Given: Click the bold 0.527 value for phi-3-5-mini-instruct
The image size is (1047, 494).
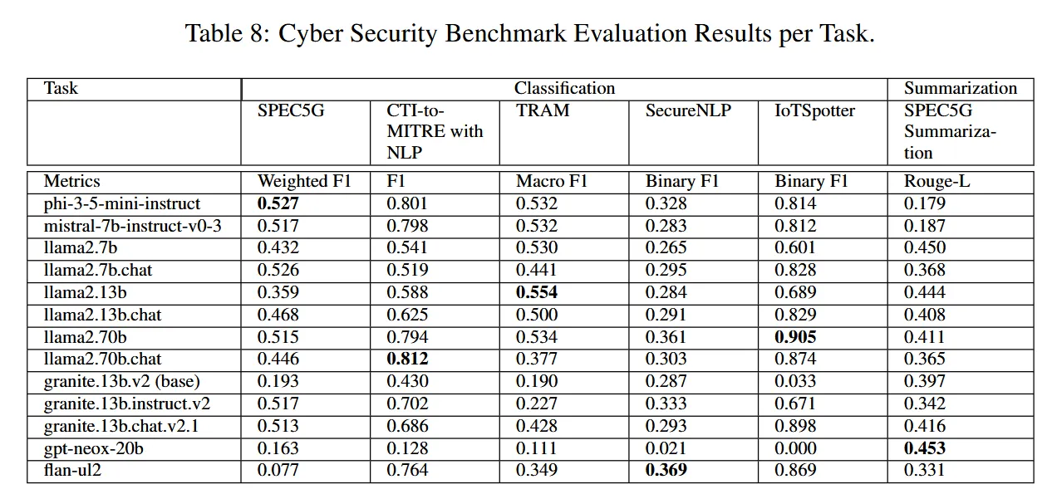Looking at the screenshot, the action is click(x=278, y=203).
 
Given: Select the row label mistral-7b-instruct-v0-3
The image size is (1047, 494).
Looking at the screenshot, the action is click(x=132, y=226).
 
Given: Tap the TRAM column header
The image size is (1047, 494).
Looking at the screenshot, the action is click(x=543, y=110).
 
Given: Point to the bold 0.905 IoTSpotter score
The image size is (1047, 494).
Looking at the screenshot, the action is click(x=795, y=337).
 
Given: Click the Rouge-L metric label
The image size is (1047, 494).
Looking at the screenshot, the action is click(x=936, y=181).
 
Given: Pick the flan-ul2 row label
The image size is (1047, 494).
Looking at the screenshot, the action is click(x=72, y=470).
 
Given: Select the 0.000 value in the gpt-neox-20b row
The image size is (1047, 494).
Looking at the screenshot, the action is click(x=795, y=448).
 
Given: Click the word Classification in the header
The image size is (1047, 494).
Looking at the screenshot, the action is click(x=565, y=88).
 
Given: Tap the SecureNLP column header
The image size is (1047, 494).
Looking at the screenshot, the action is click(x=688, y=110).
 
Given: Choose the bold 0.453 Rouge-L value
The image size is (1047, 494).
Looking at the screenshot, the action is click(x=925, y=448).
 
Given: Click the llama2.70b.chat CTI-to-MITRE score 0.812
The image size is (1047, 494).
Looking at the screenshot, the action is click(x=407, y=359).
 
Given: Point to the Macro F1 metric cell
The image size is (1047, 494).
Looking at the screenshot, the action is click(x=552, y=181).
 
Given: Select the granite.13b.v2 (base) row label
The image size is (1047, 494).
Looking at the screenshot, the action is click(x=121, y=381).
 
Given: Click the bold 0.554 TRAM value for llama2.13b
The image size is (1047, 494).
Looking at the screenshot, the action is click(x=537, y=292).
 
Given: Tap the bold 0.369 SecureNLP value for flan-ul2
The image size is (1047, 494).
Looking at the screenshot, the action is click(x=666, y=470).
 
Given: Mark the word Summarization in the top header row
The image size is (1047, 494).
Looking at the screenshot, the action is click(x=961, y=88).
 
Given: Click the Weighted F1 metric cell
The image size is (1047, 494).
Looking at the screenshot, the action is click(x=304, y=181).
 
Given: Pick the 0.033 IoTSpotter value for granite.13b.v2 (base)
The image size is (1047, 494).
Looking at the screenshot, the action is click(x=795, y=381).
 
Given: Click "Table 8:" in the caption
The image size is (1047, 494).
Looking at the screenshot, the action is click(x=228, y=33).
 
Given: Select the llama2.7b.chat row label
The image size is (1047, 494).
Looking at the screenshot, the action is click(x=98, y=270).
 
